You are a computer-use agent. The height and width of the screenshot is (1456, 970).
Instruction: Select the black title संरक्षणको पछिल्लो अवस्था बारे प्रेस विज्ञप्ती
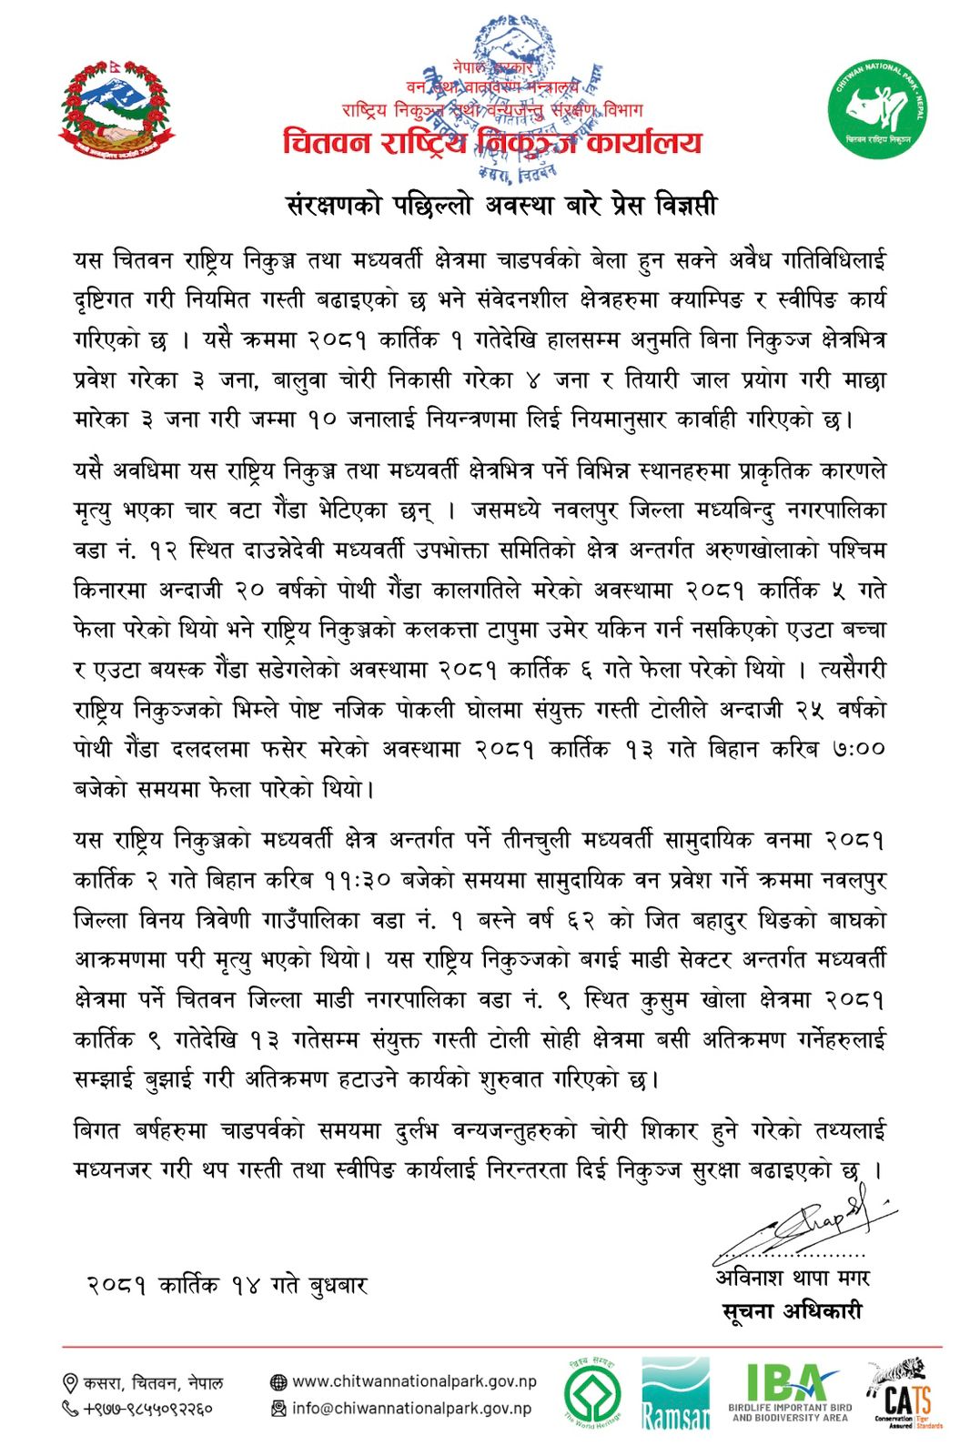[x=501, y=205]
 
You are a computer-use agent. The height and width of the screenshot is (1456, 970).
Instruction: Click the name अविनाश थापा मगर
[x=792, y=1278]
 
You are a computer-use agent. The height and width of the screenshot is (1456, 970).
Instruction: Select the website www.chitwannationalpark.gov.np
[x=414, y=1381]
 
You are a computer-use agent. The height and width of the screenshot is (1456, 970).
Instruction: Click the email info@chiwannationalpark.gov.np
[x=411, y=1408]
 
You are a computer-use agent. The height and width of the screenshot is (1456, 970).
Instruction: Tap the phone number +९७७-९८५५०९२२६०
[x=148, y=1409]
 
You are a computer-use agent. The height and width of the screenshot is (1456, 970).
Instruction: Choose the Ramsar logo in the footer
[x=674, y=1393]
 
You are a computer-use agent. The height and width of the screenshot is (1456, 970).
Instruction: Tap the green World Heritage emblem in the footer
[x=592, y=1393]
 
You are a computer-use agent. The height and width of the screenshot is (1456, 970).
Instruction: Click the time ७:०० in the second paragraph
[x=857, y=749]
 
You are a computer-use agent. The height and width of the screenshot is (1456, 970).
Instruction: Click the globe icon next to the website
[x=278, y=1382]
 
